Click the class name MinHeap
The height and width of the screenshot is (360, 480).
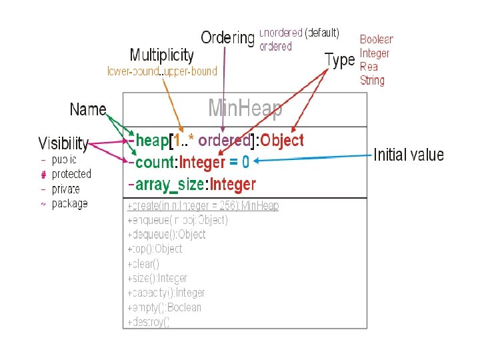point(245,108)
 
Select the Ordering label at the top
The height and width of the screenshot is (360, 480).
point(227,38)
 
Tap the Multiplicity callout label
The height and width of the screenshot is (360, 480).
point(161,55)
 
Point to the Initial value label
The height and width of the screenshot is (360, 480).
point(408,155)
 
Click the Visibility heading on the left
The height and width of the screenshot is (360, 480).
point(63,143)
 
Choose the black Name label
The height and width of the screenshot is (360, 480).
point(88,109)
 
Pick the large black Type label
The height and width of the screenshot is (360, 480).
point(339,60)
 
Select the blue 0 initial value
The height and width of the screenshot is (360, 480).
point(245,162)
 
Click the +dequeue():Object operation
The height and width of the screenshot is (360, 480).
point(166,235)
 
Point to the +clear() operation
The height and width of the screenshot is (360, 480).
point(143,264)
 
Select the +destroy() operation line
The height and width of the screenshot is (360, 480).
point(148,322)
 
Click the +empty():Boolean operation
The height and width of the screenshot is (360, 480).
point(164,307)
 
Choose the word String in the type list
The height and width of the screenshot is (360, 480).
point(372,81)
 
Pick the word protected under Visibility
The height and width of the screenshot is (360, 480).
point(71,174)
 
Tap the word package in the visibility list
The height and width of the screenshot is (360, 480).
point(69,203)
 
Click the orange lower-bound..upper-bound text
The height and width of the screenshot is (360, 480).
point(162,71)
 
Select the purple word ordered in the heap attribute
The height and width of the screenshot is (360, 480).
point(224,140)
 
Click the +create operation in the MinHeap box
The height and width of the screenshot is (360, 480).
point(203,206)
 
